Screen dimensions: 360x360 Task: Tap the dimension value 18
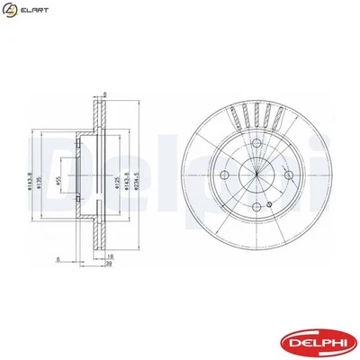point(111,258)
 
